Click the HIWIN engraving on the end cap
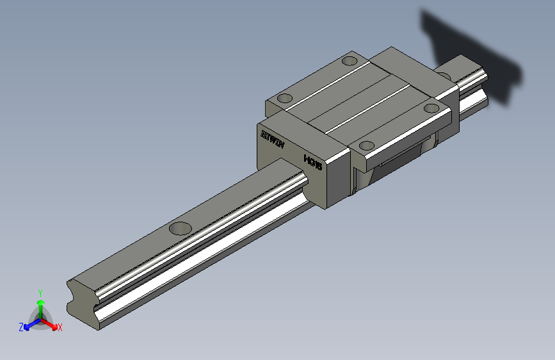[x=272, y=140]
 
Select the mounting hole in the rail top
[x=181, y=227]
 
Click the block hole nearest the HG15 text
[x=367, y=145]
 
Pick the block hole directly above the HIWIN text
[x=284, y=99]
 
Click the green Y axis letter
[x=40, y=291]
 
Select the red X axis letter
[x=60, y=327]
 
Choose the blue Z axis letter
[x=21, y=327]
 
